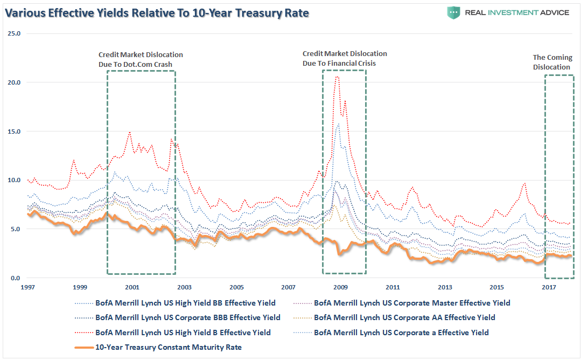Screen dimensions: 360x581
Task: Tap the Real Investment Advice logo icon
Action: point(454,12)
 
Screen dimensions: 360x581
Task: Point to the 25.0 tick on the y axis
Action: point(15,33)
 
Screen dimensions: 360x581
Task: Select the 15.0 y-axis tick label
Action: point(15,131)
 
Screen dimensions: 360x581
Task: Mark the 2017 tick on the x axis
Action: point(549,287)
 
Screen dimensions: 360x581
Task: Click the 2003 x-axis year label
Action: point(184,287)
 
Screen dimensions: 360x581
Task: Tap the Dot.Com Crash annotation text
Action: point(141,59)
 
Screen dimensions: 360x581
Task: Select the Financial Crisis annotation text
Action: point(345,58)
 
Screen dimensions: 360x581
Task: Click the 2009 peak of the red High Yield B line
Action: point(337,77)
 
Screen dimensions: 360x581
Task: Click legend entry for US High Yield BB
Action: point(185,303)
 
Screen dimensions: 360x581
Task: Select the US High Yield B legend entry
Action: point(183,333)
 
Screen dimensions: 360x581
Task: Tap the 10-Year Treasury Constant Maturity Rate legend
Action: point(168,347)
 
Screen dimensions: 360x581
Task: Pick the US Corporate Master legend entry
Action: point(412,303)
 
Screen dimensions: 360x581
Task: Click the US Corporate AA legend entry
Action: point(404,317)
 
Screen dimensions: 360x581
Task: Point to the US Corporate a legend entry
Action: point(401,333)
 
